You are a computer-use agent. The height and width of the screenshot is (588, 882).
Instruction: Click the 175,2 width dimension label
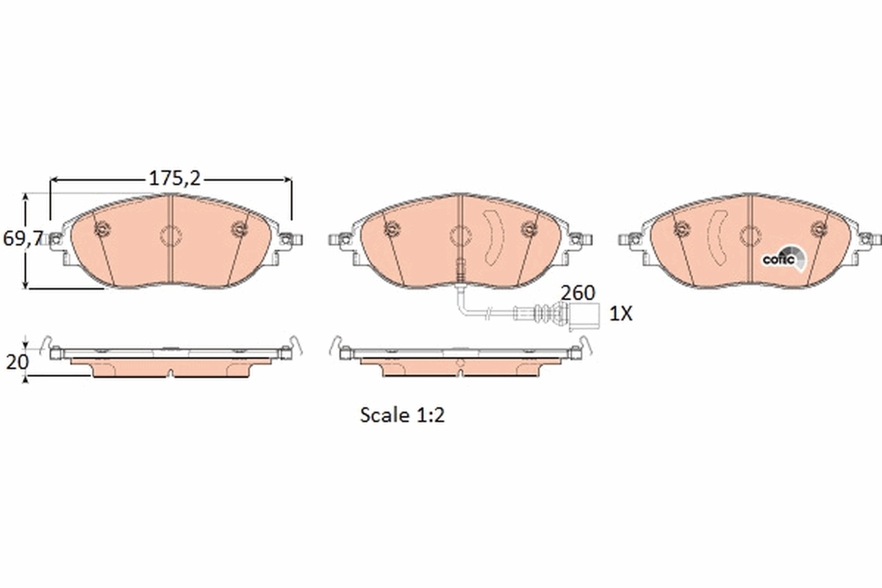click(x=175, y=178)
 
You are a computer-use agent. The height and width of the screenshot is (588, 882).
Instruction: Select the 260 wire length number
click(x=578, y=292)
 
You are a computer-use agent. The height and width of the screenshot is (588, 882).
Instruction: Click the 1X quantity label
click(x=621, y=314)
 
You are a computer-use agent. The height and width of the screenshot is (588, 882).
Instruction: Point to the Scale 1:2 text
click(x=403, y=415)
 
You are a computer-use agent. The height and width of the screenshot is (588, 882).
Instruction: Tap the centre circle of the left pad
click(x=171, y=236)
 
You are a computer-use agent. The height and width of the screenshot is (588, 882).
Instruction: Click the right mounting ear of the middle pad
click(x=581, y=240)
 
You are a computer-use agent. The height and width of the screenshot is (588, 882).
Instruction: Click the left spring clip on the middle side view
click(x=337, y=345)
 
